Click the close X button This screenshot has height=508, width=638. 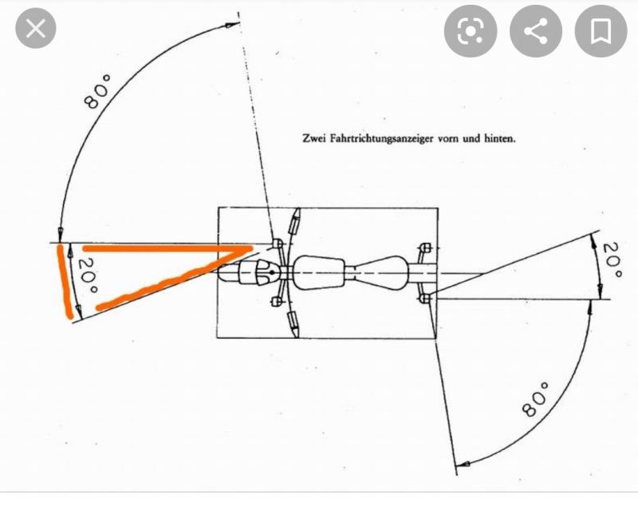(35, 29)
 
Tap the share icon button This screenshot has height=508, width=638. (535, 31)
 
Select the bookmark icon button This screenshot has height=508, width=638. (601, 31)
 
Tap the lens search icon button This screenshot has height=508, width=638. (471, 31)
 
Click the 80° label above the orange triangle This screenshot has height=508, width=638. (97, 91)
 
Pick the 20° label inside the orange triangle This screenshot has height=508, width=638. (88, 276)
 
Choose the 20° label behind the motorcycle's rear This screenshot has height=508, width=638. (612, 260)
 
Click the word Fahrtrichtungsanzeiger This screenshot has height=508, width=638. (382, 139)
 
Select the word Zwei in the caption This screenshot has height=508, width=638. (314, 138)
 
